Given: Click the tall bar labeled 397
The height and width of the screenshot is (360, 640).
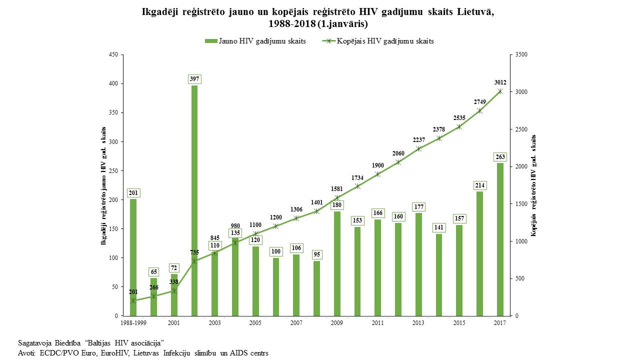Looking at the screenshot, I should click(194, 200).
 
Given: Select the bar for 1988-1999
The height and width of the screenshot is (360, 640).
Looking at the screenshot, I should click(133, 257).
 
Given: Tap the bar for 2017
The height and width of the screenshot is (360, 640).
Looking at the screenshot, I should click(500, 239).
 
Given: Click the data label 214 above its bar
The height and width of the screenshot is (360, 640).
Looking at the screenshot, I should click(479, 185).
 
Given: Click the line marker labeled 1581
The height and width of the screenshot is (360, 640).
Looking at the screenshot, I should click(337, 197).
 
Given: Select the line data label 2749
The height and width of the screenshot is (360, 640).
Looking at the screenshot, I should click(479, 102).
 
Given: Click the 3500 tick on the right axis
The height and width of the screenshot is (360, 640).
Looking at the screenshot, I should click(521, 54).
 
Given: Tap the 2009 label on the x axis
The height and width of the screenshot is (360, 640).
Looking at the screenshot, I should click(337, 323).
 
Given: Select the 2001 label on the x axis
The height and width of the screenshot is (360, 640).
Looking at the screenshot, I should click(174, 323).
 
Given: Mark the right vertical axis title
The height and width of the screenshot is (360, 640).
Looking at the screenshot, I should click(533, 185).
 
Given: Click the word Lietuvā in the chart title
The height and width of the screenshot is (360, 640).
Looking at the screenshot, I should click(475, 12).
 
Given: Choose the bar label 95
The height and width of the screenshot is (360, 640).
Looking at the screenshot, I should click(316, 254).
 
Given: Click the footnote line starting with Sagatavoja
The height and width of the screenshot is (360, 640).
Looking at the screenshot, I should click(91, 342).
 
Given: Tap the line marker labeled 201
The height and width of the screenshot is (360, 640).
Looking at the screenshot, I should click(133, 301).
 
